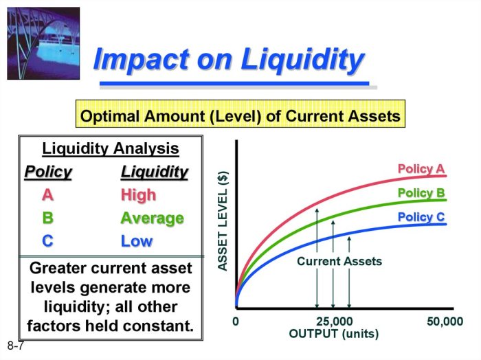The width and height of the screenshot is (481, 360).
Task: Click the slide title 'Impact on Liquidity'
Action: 227,60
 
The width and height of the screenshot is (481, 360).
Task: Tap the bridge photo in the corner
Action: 43,43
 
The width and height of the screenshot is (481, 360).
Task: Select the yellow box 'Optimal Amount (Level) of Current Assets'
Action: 240,116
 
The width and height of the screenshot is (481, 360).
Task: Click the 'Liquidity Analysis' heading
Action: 111,148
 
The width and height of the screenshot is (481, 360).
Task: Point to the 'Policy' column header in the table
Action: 48,171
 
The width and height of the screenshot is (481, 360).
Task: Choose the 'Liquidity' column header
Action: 154,171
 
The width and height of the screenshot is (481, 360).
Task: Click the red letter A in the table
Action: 47,194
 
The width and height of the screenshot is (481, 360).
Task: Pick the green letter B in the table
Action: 47,218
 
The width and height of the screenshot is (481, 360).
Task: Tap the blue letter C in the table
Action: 47,241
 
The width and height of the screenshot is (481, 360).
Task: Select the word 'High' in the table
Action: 138,194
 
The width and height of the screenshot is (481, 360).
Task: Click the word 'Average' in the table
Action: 152,218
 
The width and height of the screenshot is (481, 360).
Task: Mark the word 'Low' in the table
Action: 136,241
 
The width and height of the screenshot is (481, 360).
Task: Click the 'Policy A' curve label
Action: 421,169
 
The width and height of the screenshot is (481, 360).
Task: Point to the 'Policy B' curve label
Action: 421,193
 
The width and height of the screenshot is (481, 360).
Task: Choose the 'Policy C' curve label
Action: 421,217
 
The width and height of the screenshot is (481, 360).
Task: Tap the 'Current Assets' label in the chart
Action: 339,261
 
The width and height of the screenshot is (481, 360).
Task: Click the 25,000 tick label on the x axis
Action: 334,322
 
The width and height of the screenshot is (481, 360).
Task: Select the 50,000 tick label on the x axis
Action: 445,322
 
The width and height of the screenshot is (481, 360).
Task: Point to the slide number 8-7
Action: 16,346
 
